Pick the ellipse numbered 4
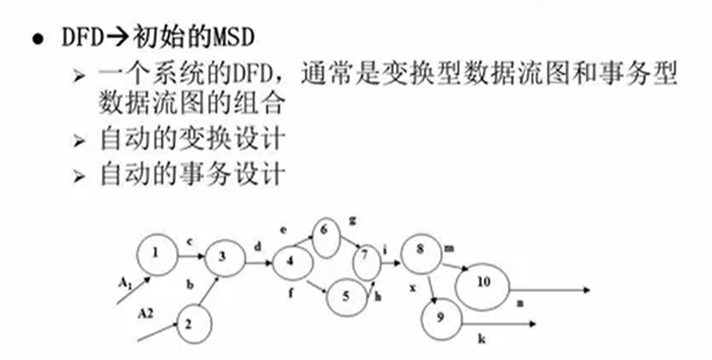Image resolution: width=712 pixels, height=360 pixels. pos(291,263)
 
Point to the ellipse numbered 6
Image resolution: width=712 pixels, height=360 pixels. pos(325,232)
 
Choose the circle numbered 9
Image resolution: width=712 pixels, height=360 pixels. pos(440,316)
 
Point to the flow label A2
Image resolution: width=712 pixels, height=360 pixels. pos(146,311)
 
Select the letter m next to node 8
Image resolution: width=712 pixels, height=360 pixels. pos(449,246)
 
